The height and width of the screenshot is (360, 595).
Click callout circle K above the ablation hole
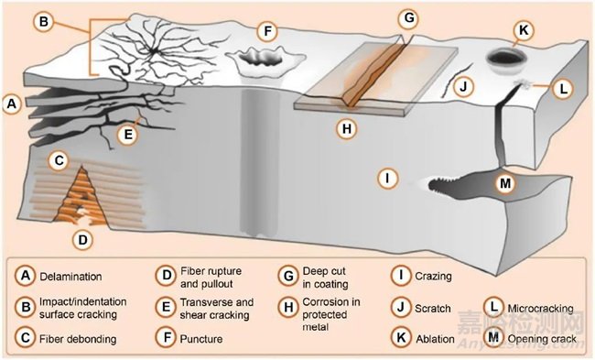[x=524, y=30]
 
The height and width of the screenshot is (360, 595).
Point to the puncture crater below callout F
[x=265, y=60]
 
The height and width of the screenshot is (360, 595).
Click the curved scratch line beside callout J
[x=456, y=80]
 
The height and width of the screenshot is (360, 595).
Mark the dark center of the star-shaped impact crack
[x=153, y=51]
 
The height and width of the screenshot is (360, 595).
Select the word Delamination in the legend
[x=70, y=277]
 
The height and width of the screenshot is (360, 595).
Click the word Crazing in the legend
[x=433, y=276]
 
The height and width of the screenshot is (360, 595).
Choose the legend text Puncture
[x=201, y=339]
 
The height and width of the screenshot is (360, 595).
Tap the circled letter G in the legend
[x=288, y=276]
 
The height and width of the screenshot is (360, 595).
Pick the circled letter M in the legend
[x=493, y=337]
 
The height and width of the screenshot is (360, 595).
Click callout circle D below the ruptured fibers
[x=82, y=240]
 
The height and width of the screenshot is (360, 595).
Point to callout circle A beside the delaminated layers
[x=12, y=104]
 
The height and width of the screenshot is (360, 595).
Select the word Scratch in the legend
[x=433, y=309]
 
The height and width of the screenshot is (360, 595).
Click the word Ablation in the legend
[x=435, y=339]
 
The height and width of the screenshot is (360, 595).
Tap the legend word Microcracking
[x=540, y=308]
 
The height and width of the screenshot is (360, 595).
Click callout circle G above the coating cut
[x=408, y=17]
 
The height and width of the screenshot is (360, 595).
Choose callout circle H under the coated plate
[x=347, y=129]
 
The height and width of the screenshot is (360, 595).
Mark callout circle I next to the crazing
[x=387, y=178]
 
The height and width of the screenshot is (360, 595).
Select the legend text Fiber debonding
[x=78, y=339]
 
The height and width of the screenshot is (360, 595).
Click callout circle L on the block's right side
[x=564, y=89]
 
